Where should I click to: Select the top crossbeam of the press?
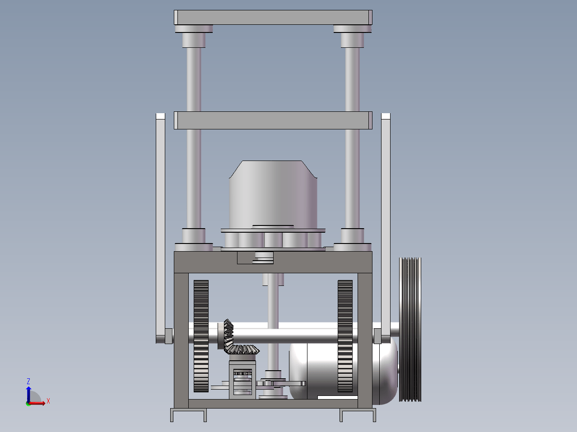pyautogui.click(x=273, y=18)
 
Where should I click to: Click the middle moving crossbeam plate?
pyautogui.click(x=273, y=120)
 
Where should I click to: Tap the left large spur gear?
pyautogui.click(x=201, y=336)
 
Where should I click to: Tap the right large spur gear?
pyautogui.click(x=345, y=336)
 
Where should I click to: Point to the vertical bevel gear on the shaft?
pyautogui.click(x=228, y=336)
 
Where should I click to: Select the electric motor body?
pyautogui.click(x=343, y=372)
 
